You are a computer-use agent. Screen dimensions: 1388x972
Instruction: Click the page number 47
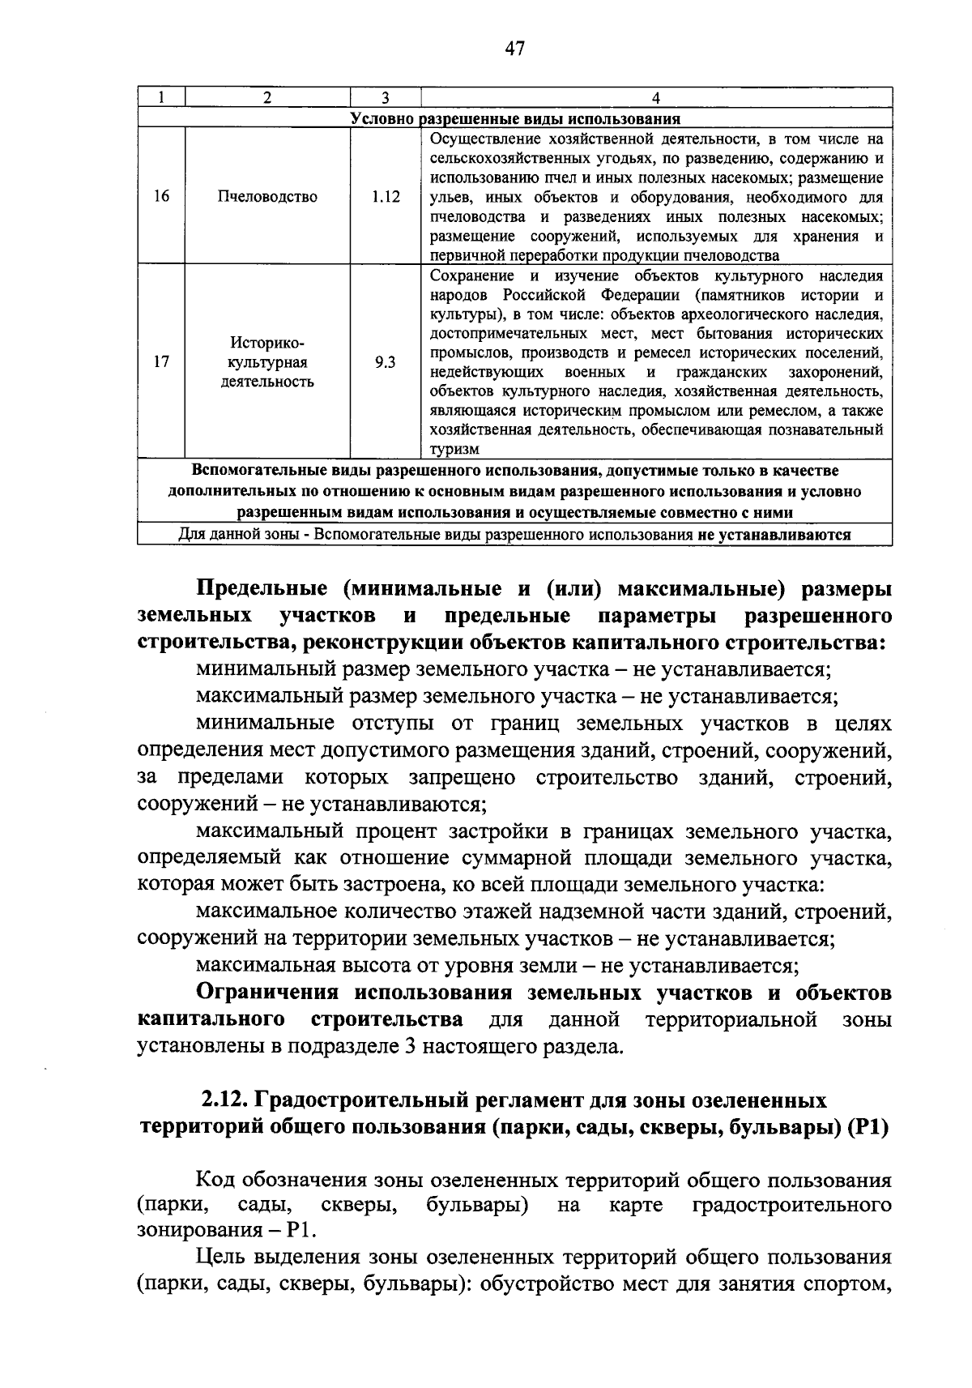514,49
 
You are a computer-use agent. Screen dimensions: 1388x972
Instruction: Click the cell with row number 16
161,196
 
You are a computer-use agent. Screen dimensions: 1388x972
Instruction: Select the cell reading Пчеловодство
267,196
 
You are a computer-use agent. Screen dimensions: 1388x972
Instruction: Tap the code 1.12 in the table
385,196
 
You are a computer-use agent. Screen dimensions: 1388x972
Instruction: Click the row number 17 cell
161,362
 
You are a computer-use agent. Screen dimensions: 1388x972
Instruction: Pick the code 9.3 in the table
385,362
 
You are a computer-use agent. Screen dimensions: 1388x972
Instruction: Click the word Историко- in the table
267,343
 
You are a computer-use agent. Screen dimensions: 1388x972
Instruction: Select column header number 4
655,97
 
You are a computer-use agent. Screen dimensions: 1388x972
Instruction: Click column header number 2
267,97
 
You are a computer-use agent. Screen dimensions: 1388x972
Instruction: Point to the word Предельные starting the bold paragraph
262,588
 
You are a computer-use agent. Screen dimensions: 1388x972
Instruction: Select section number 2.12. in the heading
225,1100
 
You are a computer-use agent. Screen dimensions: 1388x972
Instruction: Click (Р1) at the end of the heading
868,1128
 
